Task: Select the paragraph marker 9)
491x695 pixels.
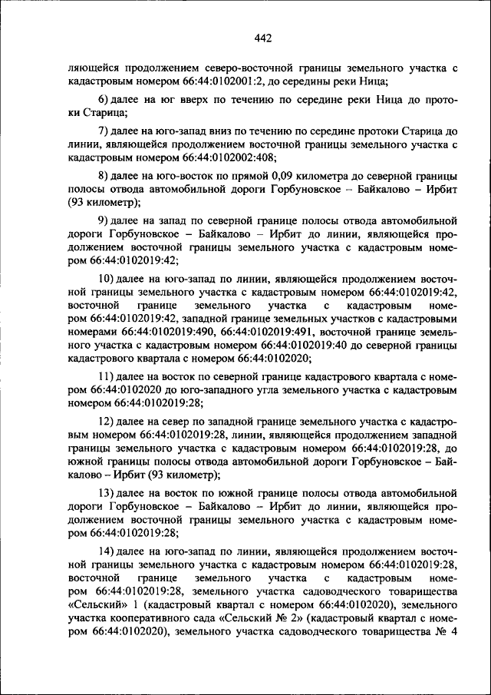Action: click(104, 220)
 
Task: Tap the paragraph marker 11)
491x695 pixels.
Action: click(107, 376)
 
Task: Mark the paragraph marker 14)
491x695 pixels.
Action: click(107, 552)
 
